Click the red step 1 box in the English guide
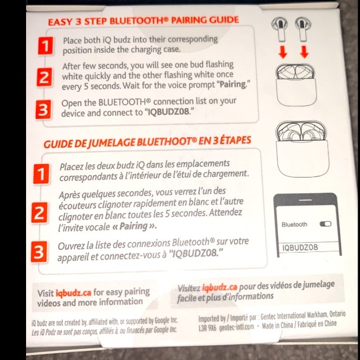44,45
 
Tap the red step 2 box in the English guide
44,78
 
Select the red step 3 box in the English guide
43,110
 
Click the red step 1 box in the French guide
41,174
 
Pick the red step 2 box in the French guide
40,213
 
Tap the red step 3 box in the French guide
39,252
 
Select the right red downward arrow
304,52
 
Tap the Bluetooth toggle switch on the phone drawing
325,223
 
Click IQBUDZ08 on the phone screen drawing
300,247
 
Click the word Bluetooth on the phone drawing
294,224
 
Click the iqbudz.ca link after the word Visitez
220,287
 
